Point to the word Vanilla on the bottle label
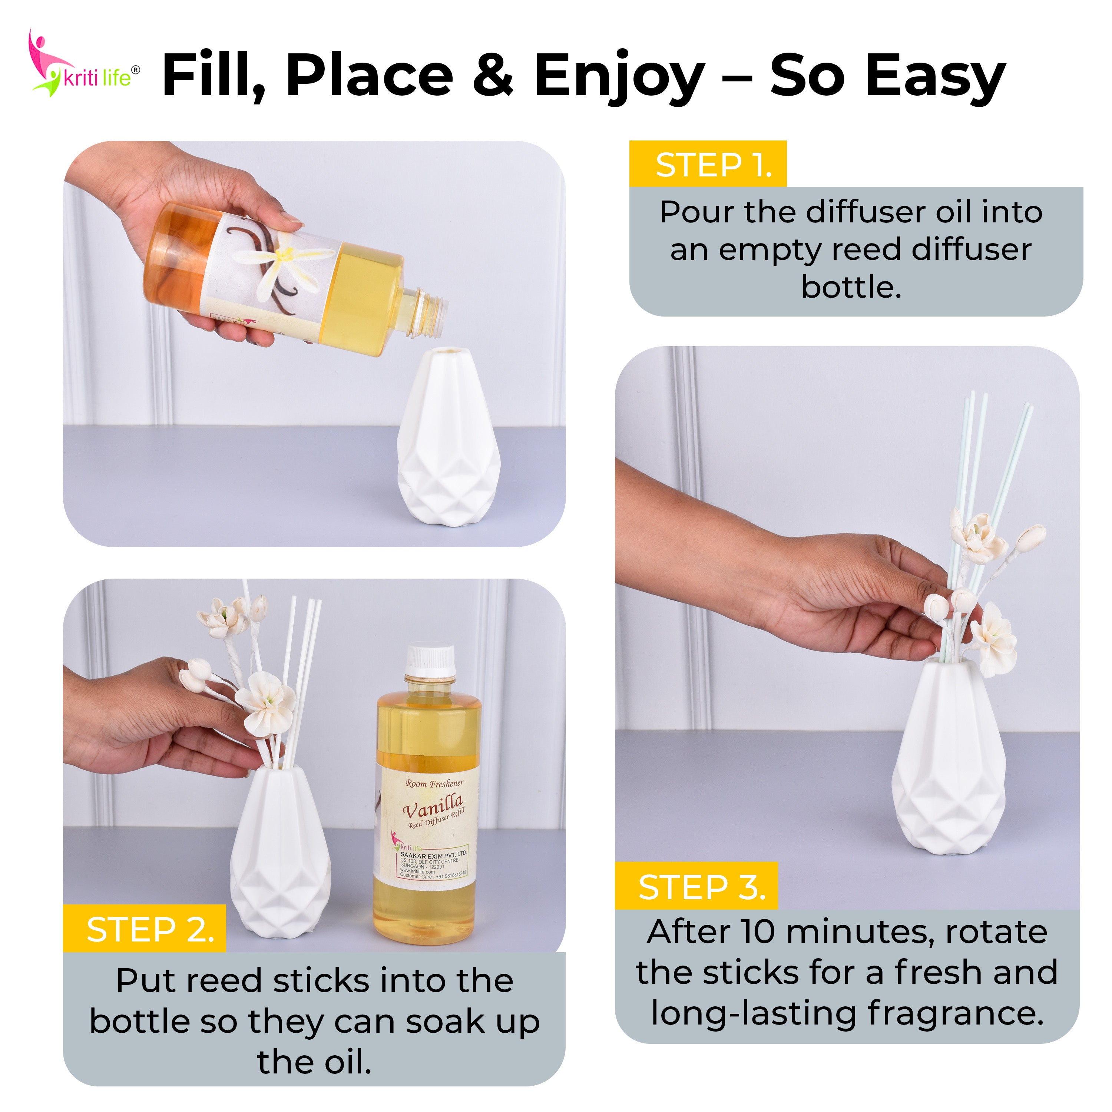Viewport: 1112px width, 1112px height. click(x=433, y=807)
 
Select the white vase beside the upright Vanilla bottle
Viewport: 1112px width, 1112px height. click(x=280, y=852)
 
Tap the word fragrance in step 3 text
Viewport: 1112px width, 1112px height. click(x=956, y=1013)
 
